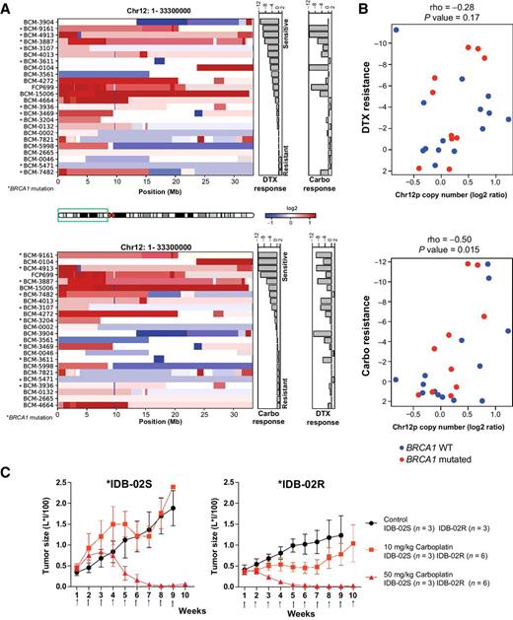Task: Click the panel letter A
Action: point(7,8)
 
